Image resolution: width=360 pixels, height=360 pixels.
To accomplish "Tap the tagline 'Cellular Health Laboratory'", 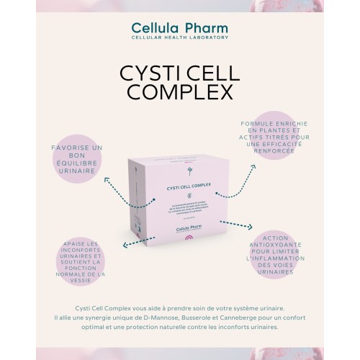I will click(x=179, y=37).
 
